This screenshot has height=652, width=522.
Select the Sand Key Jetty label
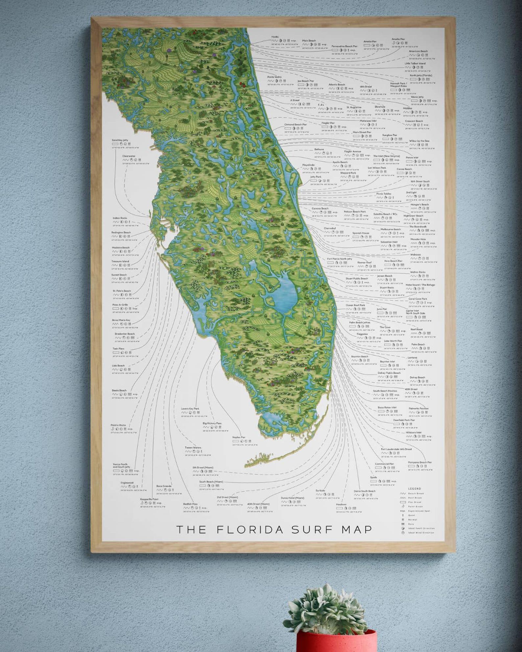[x=120, y=140]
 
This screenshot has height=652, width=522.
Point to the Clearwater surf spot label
[x=129, y=156]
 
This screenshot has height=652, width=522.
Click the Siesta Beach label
[x=119, y=390]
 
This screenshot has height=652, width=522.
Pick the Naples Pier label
[x=239, y=437]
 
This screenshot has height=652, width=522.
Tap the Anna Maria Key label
[x=121, y=320]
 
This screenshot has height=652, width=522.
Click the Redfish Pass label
[x=190, y=504]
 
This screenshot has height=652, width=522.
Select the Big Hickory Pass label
[x=212, y=423]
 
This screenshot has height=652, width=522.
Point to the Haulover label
[x=341, y=504]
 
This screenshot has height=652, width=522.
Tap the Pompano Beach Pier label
[x=420, y=462]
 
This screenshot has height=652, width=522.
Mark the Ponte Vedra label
[x=274, y=77]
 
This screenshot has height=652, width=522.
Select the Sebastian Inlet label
[x=389, y=242]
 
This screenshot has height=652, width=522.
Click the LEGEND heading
[x=415, y=489]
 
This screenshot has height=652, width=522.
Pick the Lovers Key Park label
[x=190, y=408]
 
